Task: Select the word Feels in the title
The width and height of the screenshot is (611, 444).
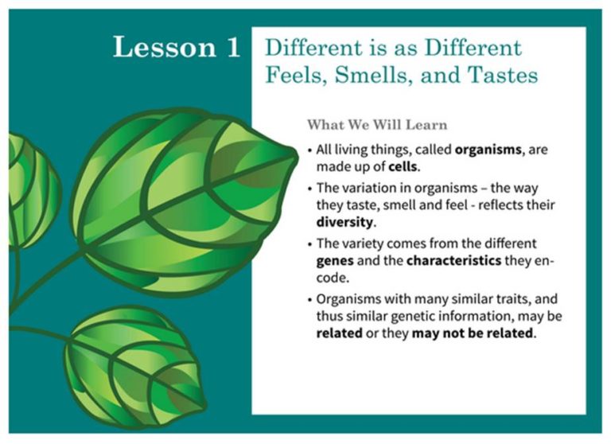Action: [x=295, y=76]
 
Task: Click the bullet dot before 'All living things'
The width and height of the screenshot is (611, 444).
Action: [x=309, y=150]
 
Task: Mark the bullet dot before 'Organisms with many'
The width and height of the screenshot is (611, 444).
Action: [x=309, y=300]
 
